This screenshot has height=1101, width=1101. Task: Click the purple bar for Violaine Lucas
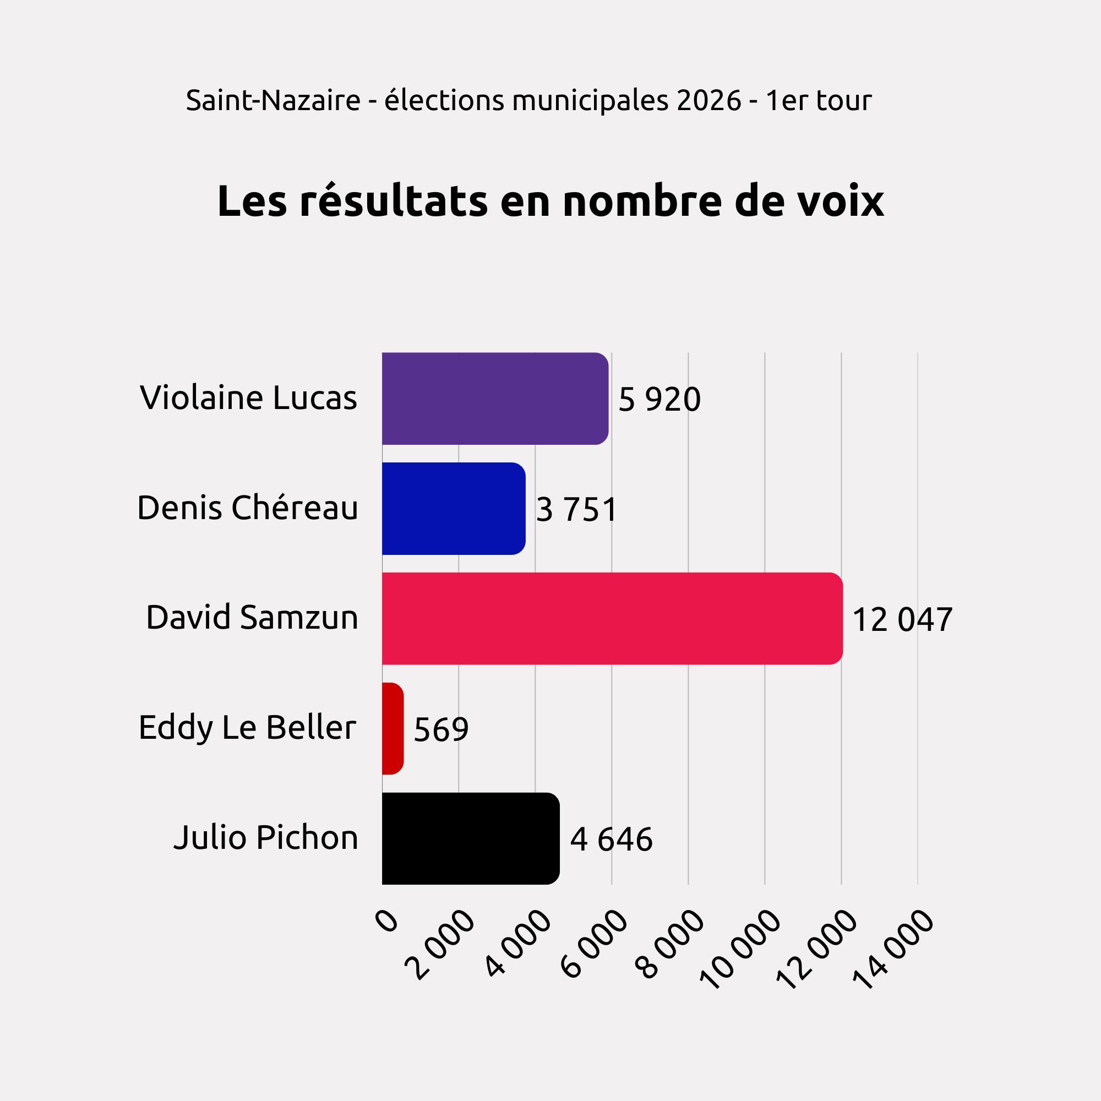(x=495, y=399)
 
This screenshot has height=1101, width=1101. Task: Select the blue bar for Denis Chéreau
(x=453, y=508)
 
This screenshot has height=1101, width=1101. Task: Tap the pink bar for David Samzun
(x=612, y=618)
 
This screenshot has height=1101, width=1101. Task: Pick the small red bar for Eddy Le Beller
(x=393, y=728)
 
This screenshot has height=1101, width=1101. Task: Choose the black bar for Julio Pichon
(x=470, y=838)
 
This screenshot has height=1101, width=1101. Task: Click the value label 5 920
(x=659, y=400)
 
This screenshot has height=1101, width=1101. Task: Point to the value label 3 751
(x=577, y=509)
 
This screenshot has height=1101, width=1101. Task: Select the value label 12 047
(x=902, y=619)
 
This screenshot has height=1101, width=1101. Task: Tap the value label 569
(x=441, y=729)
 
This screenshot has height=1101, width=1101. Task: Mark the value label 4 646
(x=611, y=840)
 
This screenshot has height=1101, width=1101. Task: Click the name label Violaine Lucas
(x=248, y=397)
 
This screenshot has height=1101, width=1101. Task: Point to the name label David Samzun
(x=252, y=617)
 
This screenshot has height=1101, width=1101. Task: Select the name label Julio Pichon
(x=265, y=837)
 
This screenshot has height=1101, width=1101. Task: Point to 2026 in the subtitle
(x=709, y=101)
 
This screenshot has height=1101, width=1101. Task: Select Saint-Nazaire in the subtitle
(x=273, y=101)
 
